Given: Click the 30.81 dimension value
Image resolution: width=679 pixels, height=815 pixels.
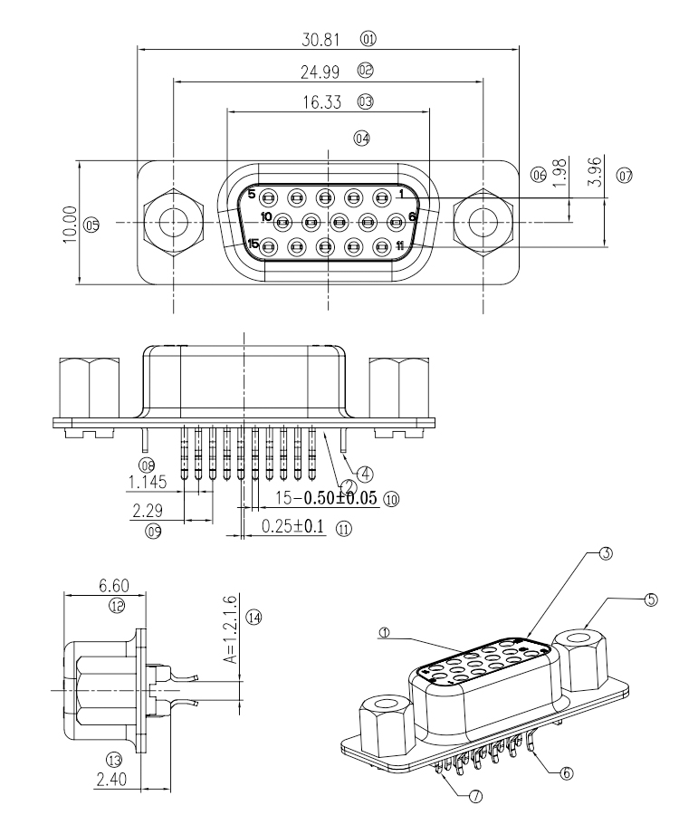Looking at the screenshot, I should (322, 40).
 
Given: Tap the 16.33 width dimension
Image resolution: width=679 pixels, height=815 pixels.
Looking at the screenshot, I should (322, 102).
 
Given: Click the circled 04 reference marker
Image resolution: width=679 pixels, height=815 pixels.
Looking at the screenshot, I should (363, 139).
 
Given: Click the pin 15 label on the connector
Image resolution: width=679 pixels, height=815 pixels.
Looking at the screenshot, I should (253, 244).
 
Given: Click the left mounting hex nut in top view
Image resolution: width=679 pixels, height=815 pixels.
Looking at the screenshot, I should (170, 220).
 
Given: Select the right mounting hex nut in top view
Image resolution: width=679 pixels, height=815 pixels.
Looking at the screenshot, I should (482, 220).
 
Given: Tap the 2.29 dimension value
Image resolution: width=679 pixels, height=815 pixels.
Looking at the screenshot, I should (148, 512).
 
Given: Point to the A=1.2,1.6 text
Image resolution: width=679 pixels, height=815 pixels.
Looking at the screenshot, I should (229, 630).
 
